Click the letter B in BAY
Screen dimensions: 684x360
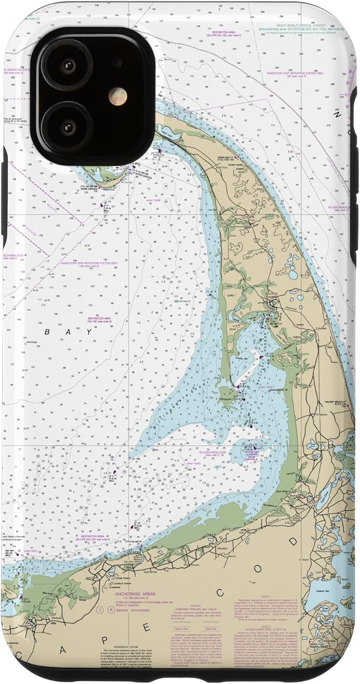pyautogui.click(x=47, y=332)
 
